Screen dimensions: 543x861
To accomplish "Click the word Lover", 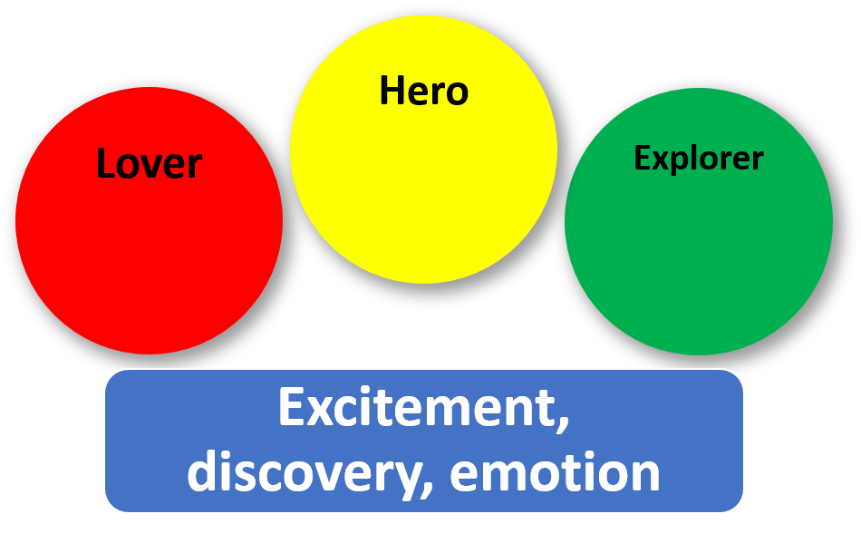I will (x=150, y=164).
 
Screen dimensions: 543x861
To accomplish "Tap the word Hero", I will (x=423, y=91).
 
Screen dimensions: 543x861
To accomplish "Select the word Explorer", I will (x=699, y=159).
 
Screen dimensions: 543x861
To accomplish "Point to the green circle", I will (x=699, y=254).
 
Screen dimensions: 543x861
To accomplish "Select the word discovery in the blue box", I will (x=305, y=472).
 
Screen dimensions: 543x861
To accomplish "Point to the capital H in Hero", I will (x=391, y=91).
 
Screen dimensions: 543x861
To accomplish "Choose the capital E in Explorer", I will (x=641, y=159).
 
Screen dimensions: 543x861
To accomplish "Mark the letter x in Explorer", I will (x=657, y=160).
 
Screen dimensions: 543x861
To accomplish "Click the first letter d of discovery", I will (x=203, y=471).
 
